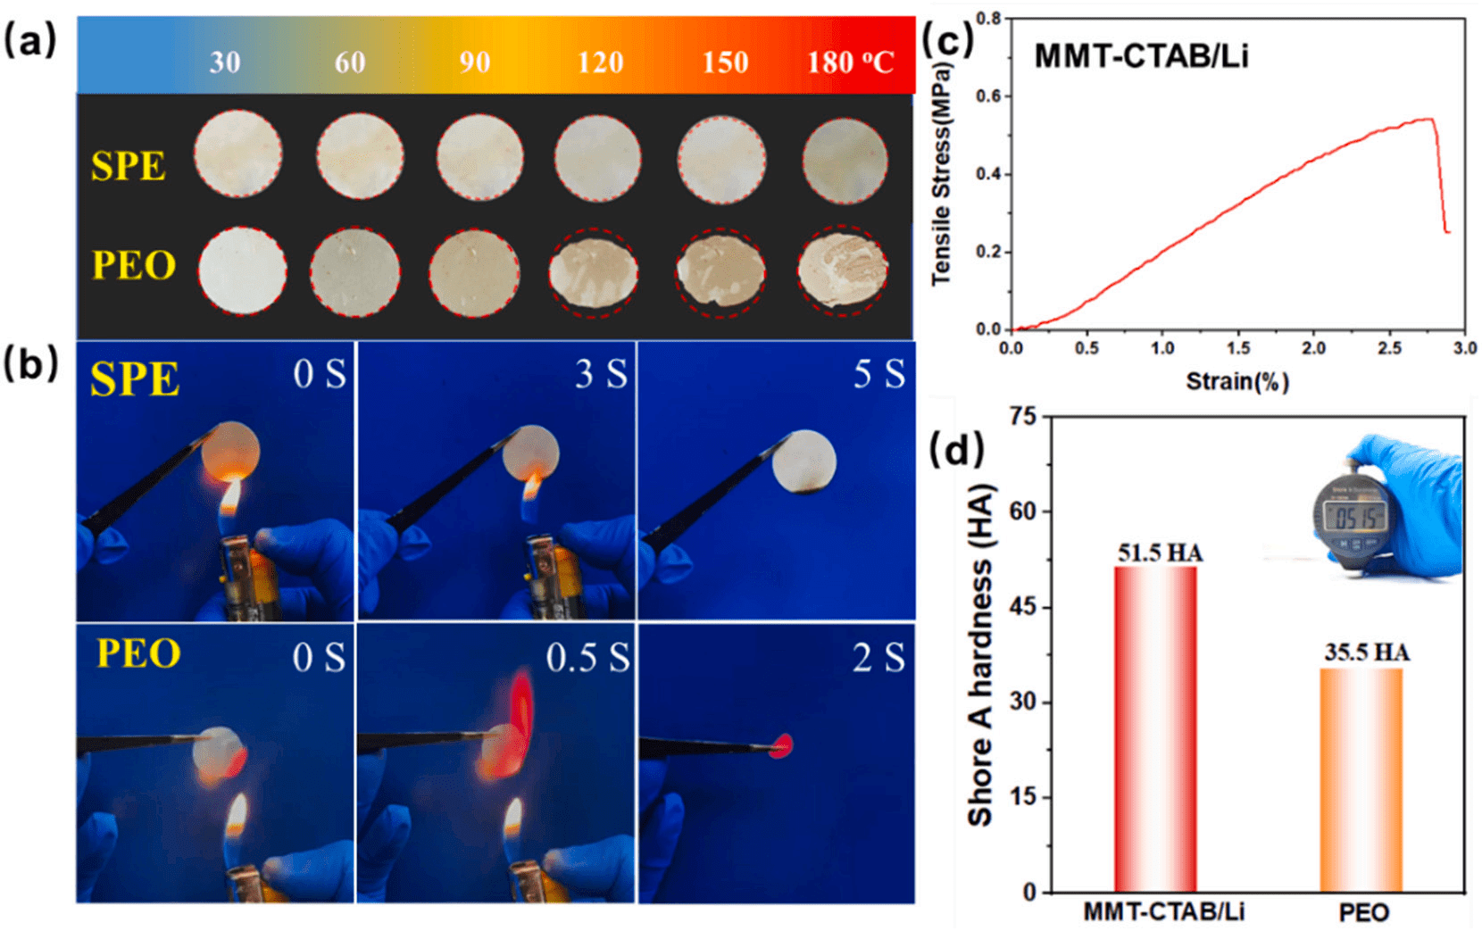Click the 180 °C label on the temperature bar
(x=850, y=62)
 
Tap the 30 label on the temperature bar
(x=225, y=62)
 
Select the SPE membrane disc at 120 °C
(x=597, y=158)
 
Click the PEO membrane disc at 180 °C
(x=843, y=270)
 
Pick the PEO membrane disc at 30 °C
(x=242, y=271)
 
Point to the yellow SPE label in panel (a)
(x=129, y=166)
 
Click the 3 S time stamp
(x=601, y=374)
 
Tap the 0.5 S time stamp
(x=587, y=658)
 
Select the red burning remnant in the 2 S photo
(x=781, y=745)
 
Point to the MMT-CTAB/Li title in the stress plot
(x=1141, y=56)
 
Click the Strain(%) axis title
(x=1237, y=381)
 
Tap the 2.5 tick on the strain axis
(x=1389, y=348)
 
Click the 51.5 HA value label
(x=1160, y=553)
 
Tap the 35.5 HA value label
(x=1367, y=653)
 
